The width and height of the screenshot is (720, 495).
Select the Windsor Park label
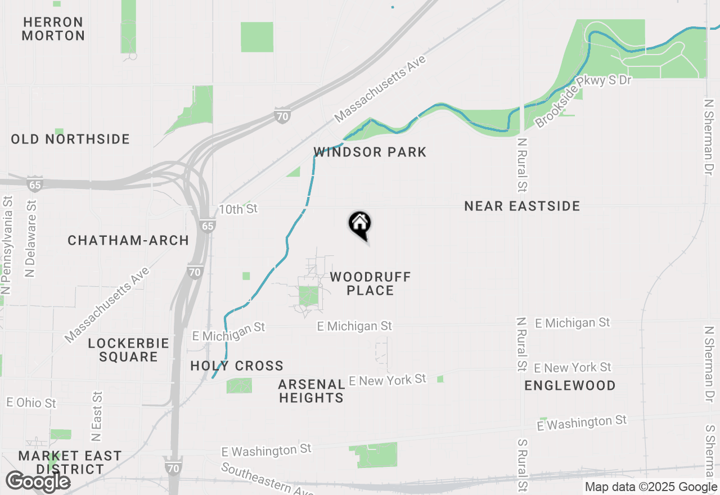(x=370, y=152)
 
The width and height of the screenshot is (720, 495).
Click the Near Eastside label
(x=522, y=206)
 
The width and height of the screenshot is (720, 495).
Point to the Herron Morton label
(x=54, y=29)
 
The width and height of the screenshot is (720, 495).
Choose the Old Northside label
(x=70, y=139)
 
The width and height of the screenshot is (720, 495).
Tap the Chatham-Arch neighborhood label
(x=128, y=240)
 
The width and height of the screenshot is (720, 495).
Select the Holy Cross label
(x=237, y=366)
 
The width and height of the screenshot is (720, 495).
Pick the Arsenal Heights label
(x=312, y=391)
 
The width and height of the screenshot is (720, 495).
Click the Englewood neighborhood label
(x=570, y=385)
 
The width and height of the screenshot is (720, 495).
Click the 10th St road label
(x=238, y=209)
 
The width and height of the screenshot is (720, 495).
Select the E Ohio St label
(x=31, y=403)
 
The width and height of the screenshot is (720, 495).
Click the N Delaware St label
(x=31, y=236)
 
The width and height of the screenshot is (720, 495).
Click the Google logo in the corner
(x=38, y=481)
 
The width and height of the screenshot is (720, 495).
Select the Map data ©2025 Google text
(x=651, y=487)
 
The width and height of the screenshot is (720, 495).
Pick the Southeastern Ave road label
(x=267, y=479)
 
